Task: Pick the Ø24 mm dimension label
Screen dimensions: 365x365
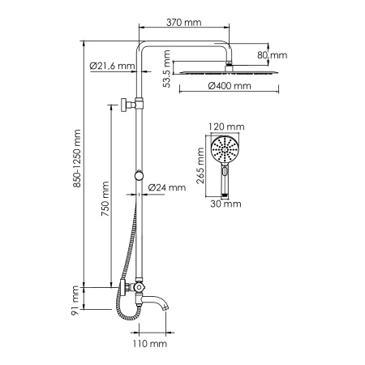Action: tap(169, 187)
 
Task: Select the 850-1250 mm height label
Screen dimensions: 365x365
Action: tap(78, 161)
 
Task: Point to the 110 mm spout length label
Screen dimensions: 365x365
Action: tap(150, 344)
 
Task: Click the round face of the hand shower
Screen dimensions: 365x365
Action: tap(225, 150)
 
